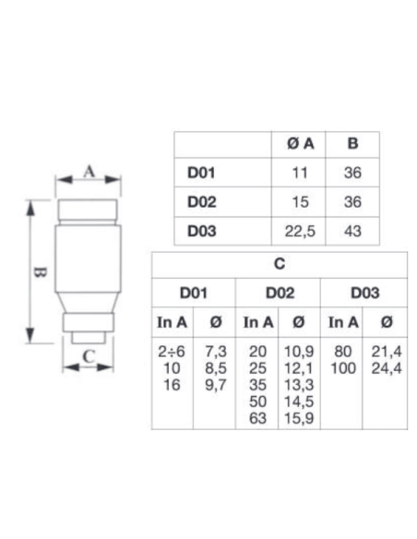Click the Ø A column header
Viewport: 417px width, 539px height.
(x=300, y=144)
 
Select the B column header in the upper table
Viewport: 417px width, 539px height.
(x=352, y=143)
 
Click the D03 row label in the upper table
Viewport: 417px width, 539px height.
(x=202, y=231)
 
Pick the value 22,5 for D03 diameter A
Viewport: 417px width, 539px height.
(x=300, y=232)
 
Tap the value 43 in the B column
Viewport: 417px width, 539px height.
(x=352, y=231)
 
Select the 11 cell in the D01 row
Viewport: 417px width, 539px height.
(x=300, y=173)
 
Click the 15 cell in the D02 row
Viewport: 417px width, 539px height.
(x=300, y=202)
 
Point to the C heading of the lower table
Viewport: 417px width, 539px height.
(x=280, y=264)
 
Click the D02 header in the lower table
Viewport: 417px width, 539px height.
(x=280, y=293)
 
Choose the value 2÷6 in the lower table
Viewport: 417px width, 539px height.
(x=172, y=352)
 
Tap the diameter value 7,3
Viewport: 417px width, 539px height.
(x=216, y=352)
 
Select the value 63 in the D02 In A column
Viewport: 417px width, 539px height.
(x=257, y=418)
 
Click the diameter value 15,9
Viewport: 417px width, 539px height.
(x=299, y=418)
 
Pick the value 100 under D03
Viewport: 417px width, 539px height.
(x=343, y=368)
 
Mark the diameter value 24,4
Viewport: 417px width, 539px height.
(x=387, y=368)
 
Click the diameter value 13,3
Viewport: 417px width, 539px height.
(x=299, y=385)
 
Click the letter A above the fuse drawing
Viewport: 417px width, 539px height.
(x=89, y=171)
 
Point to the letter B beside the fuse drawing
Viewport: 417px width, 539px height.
(x=41, y=272)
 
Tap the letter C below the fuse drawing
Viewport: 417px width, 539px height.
(x=89, y=356)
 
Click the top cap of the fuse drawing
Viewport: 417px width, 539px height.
(x=88, y=210)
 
